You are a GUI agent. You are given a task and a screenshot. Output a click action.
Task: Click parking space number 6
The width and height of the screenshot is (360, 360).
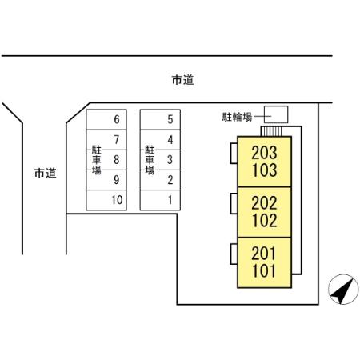[x=117, y=120]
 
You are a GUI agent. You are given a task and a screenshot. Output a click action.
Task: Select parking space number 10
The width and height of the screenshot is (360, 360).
[x=117, y=200]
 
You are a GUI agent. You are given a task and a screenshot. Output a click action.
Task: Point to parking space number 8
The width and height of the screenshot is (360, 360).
[x=117, y=159]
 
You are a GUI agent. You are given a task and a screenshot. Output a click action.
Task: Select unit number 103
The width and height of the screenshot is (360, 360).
[x=264, y=170]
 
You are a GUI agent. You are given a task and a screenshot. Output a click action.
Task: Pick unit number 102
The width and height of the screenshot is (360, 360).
[x=264, y=221]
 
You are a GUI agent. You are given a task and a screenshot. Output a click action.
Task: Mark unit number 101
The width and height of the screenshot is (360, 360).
[x=264, y=271]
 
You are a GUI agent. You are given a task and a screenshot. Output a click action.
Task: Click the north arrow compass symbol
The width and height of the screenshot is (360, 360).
[x=341, y=290]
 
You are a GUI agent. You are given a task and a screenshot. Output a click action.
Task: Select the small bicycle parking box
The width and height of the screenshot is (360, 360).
[x=276, y=114]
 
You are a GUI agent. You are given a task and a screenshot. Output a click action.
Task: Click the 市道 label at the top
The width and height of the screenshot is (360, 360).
[x=182, y=80]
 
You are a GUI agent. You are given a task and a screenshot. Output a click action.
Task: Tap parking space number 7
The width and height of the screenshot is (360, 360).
[x=117, y=140]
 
